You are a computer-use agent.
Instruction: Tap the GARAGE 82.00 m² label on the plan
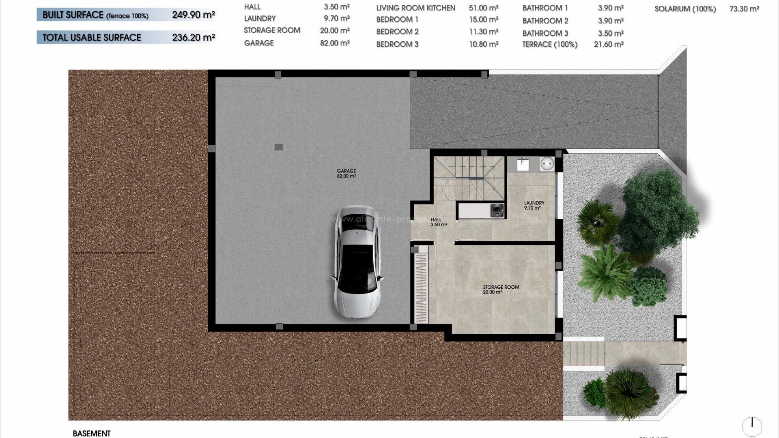click(x=346, y=174)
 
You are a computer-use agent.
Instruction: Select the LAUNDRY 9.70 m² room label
click(x=534, y=205)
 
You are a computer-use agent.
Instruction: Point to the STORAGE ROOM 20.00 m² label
click(x=501, y=289)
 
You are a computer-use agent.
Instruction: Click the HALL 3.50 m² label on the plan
click(x=438, y=222)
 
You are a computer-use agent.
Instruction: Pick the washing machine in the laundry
click(x=497, y=210)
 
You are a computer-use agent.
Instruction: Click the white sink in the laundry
click(x=523, y=164)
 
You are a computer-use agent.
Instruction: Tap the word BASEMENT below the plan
click(x=92, y=433)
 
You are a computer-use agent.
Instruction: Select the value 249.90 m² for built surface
click(x=193, y=15)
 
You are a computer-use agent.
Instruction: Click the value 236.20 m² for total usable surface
click(x=193, y=37)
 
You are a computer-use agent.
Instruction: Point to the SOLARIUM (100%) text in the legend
click(x=685, y=9)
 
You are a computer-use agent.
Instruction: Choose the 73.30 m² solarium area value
click(x=744, y=9)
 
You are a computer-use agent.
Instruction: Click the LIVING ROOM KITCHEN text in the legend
click(x=415, y=8)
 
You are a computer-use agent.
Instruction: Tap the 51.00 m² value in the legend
click(x=483, y=8)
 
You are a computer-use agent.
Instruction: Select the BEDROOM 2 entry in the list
click(x=397, y=32)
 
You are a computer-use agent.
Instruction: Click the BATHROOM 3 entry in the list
click(x=545, y=33)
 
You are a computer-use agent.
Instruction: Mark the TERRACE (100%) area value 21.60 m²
click(x=608, y=44)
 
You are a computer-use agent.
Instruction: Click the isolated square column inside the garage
click(x=278, y=147)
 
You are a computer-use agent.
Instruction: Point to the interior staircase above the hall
click(x=469, y=178)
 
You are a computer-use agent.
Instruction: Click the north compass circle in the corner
click(x=752, y=426)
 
